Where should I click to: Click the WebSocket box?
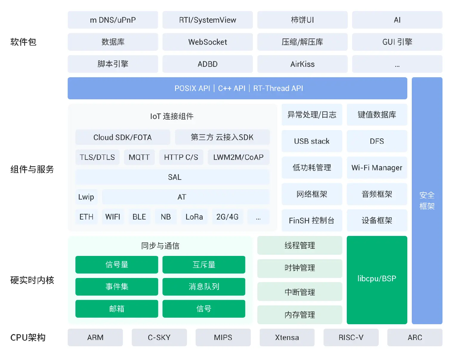click(208, 42)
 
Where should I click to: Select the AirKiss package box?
click(302, 64)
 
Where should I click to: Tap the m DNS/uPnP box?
click(113, 20)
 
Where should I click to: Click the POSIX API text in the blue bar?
click(192, 88)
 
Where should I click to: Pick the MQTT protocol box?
click(139, 157)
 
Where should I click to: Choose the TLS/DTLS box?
click(98, 157)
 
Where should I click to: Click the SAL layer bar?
click(172, 177)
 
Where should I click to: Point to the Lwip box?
click(86, 197)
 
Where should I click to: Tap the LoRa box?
click(194, 217)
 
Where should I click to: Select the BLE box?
click(139, 217)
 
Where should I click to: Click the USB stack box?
click(312, 141)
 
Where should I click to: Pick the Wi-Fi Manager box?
click(377, 168)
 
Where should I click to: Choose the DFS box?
click(377, 141)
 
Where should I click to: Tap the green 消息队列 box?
click(204, 287)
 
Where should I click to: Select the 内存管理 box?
click(300, 315)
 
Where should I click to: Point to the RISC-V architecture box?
click(351, 337)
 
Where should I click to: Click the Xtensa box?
click(287, 337)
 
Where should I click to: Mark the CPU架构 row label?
click(28, 337)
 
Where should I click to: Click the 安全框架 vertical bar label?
click(427, 201)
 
